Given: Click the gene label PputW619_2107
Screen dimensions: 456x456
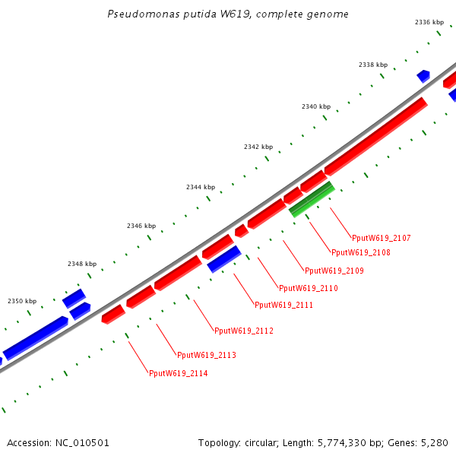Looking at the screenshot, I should [381, 238].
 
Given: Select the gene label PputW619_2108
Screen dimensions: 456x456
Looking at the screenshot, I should [361, 252].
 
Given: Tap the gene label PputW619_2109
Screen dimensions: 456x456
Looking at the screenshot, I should [334, 271].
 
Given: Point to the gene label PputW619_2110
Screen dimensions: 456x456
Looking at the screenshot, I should [308, 288].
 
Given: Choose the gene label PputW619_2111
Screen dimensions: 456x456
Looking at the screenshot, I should [283, 305].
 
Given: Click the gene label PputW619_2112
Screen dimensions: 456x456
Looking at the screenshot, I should [243, 331].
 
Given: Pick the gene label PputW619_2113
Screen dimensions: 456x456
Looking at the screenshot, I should [206, 355].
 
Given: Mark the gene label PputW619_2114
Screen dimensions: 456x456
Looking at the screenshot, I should [178, 373].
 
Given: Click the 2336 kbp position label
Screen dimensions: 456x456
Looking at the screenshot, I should [429, 22].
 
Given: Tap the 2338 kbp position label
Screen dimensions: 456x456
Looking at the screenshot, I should [373, 65].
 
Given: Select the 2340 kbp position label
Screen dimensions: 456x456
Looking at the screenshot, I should [316, 106].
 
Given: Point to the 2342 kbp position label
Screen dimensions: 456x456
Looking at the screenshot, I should [258, 146].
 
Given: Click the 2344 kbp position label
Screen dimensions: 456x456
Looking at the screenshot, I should [201, 187].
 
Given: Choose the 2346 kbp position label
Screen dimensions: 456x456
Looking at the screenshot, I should [141, 226].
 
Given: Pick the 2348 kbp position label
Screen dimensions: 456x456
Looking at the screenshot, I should [82, 264].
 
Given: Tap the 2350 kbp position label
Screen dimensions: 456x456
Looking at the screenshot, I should [22, 301].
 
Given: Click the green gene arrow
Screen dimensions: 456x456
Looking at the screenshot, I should [312, 199].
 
